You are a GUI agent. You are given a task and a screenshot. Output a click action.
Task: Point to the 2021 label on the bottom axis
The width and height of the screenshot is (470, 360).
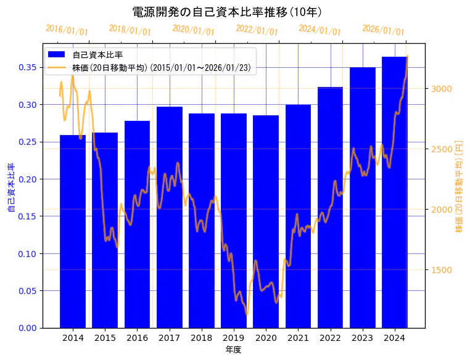coord(298,338)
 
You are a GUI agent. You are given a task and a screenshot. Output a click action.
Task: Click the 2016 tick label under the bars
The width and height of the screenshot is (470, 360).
coord(137,338)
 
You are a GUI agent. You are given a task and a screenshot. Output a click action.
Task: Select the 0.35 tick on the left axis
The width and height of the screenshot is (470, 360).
coord(28,67)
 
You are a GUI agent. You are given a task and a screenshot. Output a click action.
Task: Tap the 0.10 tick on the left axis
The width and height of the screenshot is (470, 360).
coord(28,253)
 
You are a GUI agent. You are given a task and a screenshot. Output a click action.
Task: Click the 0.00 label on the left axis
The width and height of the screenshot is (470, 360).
coord(28,328)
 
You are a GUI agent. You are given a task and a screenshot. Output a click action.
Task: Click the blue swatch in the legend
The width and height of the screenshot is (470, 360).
coord(60,55)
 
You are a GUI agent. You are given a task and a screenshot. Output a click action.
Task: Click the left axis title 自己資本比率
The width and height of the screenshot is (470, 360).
coord(10,188)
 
